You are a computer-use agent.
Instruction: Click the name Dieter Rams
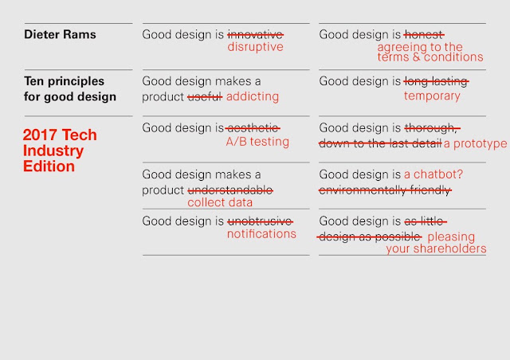pos(60,34)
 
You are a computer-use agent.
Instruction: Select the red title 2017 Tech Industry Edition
pos(60,151)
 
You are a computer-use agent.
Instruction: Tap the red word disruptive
pos(255,47)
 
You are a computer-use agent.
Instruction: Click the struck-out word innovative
pos(255,34)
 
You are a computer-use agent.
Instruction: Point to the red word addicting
pos(253,96)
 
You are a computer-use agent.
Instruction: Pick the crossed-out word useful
pos(205,96)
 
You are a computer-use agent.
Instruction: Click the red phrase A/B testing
pos(257,142)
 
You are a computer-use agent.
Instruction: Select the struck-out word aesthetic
pos(253,128)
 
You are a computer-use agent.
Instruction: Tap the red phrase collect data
pos(220,202)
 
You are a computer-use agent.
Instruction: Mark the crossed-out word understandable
pos(230,190)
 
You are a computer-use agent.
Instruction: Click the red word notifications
pos(261,234)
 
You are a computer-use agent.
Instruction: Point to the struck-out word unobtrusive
pos(260,221)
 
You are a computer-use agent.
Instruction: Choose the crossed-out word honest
pos(424,34)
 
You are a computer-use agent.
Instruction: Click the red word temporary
pos(432,96)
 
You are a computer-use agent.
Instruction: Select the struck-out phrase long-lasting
pos(436,81)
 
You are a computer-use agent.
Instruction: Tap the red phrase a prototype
pos(475,143)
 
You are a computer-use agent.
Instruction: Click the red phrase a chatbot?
pos(433,174)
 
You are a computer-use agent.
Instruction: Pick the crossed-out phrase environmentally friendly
pos(385,190)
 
